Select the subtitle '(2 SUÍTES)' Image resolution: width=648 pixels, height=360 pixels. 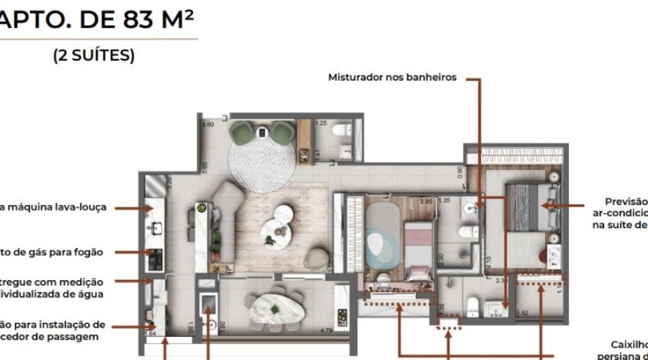click(94, 56)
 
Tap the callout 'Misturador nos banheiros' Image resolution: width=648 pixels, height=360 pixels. click(392, 77)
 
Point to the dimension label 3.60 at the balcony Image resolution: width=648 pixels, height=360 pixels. click(208, 125)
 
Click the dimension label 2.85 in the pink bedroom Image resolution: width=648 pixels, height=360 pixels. click(426, 201)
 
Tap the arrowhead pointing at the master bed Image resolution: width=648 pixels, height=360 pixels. click(545, 206)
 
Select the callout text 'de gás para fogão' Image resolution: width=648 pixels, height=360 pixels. click(62, 252)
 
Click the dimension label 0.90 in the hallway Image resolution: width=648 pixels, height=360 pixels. click(459, 171)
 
